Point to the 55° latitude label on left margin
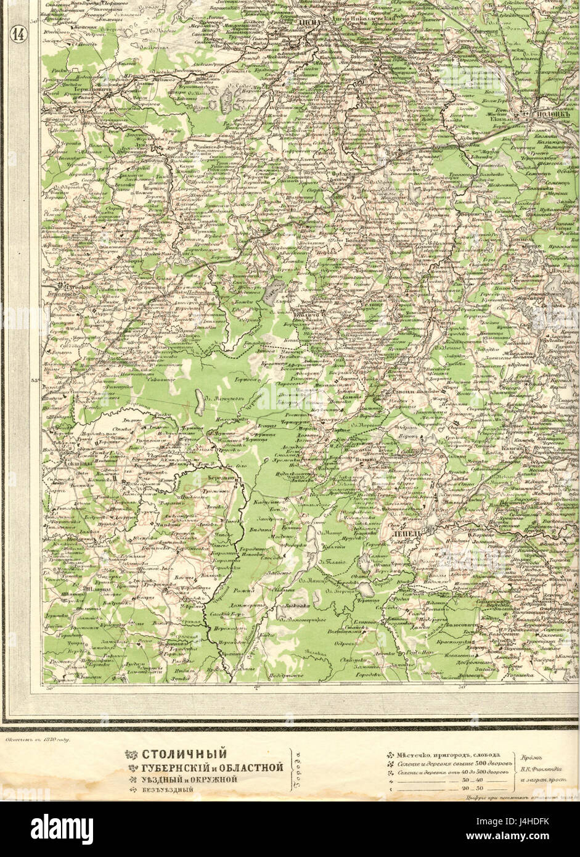click(x=35, y=380)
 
